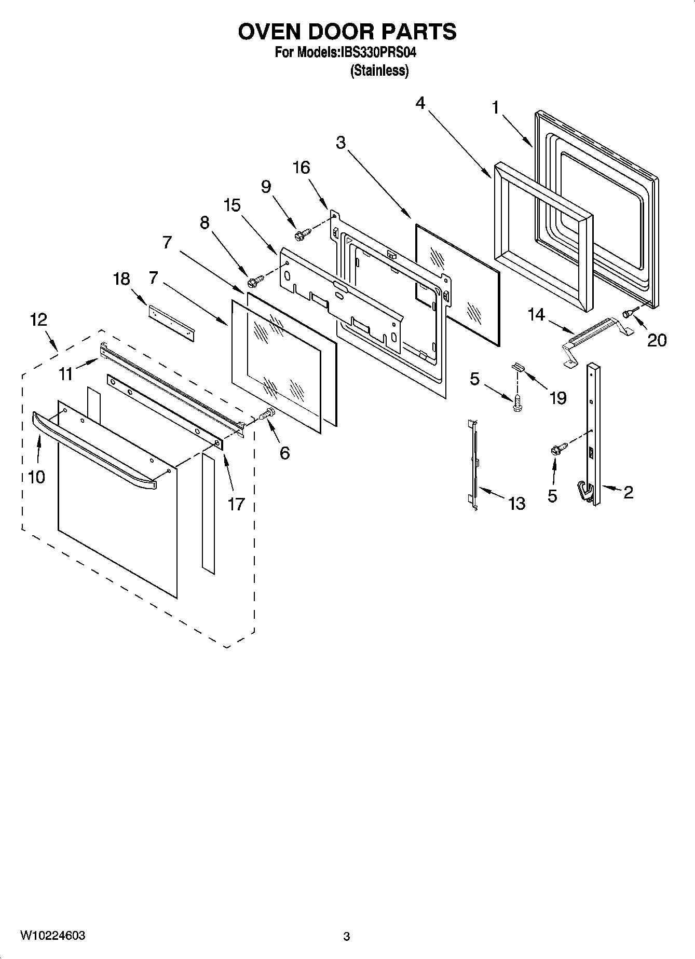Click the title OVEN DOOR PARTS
coord(347,32)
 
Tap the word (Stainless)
coord(379,71)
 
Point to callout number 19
coord(557,398)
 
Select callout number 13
coord(516,503)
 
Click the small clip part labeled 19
coord(519,366)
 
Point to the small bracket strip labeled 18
coord(171,323)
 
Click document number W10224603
coord(53,936)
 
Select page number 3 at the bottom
coord(347,936)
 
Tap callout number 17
coord(236,503)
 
